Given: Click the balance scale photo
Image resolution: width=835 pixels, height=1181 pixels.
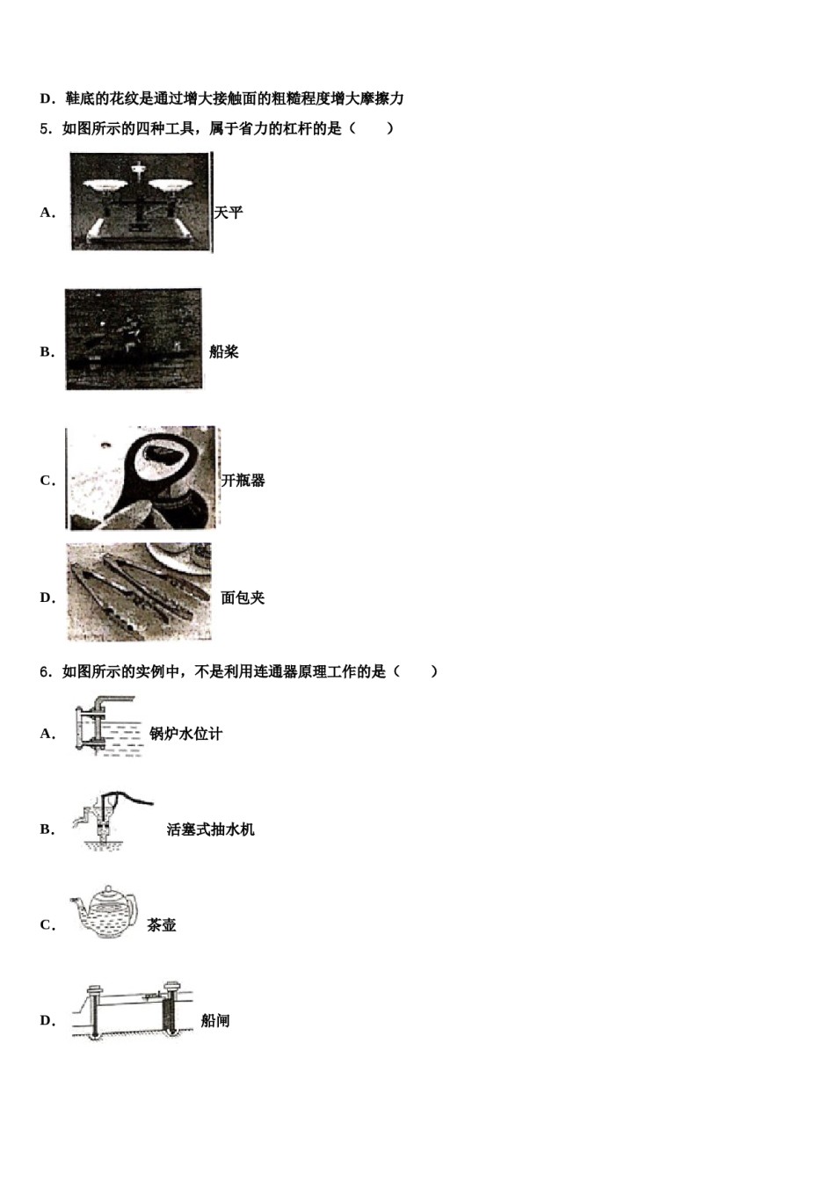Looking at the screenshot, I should [141, 202].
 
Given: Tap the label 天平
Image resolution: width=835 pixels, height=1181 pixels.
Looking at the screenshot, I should [229, 213].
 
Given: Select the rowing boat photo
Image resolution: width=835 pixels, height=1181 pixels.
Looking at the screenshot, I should [134, 339].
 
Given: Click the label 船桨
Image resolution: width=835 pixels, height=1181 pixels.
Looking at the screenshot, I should [224, 352].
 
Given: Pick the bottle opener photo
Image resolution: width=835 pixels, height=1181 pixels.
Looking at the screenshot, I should [142, 478].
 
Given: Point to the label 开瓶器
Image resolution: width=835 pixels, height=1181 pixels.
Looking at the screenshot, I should [243, 481].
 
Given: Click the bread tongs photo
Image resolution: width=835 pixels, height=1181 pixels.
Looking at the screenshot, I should [139, 591].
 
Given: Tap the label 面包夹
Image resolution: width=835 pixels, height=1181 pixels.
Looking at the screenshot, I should [243, 598].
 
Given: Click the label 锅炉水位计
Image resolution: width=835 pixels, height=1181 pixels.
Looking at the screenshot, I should [185, 734].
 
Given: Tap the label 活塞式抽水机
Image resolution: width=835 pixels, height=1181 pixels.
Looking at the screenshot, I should [211, 830].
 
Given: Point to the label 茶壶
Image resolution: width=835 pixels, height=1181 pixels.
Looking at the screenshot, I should [162, 925].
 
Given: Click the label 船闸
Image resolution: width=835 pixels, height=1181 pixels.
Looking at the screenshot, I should [215, 1021].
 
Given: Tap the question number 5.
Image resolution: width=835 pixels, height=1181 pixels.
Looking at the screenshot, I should [44, 129].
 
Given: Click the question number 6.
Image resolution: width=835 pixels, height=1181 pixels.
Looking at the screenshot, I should [44, 672].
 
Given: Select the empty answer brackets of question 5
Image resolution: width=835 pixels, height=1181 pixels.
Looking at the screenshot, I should [371, 129].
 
